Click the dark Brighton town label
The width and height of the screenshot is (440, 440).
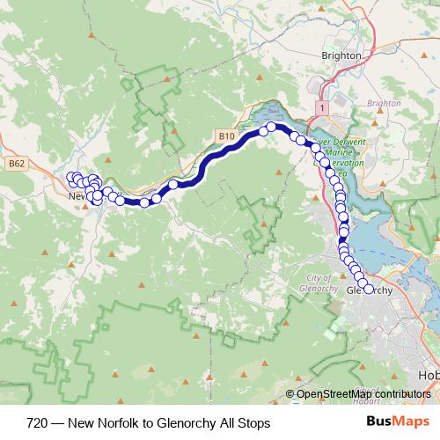342,55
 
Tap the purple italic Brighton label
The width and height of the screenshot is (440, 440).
383,103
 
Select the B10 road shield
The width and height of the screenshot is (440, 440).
226,136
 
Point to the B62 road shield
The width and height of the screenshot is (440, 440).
15,163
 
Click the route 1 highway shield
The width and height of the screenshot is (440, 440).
323,106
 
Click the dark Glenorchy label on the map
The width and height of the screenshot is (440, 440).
369,290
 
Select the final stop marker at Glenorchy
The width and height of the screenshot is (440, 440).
368,289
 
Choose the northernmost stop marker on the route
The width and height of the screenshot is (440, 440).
272,127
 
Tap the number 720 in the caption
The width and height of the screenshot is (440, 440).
36,422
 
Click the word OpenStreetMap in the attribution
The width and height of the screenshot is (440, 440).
331,394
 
